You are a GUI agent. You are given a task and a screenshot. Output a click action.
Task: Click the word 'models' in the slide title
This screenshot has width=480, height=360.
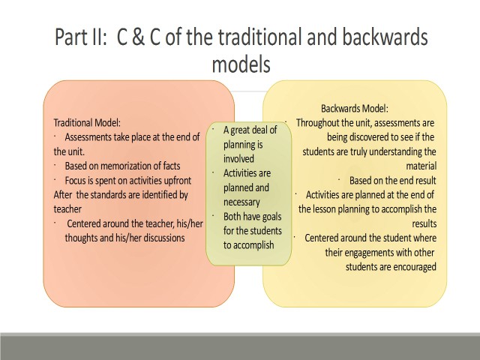[241, 64]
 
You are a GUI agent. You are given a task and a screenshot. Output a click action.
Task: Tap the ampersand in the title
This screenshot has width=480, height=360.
[138, 37]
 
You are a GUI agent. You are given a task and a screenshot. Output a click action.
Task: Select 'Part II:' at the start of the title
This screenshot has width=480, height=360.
[81, 37]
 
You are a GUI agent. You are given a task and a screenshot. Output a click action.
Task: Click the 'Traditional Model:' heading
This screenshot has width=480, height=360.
[87, 123]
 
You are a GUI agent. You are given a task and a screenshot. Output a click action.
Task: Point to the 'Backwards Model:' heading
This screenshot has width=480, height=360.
[355, 108]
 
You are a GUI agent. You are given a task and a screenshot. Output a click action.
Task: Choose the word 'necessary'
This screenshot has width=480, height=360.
[241, 202]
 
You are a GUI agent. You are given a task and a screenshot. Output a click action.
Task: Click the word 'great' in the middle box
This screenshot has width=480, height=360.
[241, 130]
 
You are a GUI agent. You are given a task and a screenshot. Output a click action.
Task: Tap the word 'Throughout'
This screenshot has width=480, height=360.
[316, 123]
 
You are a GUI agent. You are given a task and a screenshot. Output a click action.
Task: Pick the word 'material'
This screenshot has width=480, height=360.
[421, 166]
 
